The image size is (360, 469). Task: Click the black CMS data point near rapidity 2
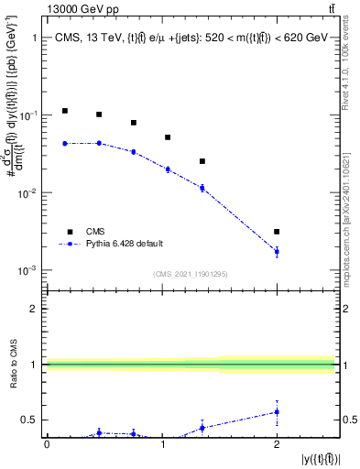pos(277,232)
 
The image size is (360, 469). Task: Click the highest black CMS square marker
pos(64,111)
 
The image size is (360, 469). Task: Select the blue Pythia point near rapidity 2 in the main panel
pos(277,251)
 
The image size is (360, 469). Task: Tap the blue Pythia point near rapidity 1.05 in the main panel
pos(168,169)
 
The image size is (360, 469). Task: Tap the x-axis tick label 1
pos(162,444)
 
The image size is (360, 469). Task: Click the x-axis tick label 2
pos(277,444)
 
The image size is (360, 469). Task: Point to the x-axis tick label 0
pos(47,444)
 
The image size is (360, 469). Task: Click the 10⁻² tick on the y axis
pos(30,193)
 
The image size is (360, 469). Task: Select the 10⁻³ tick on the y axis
pos(30,271)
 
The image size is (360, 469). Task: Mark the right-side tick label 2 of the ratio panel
pos(344,310)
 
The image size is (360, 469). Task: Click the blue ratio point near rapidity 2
pos(277,412)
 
